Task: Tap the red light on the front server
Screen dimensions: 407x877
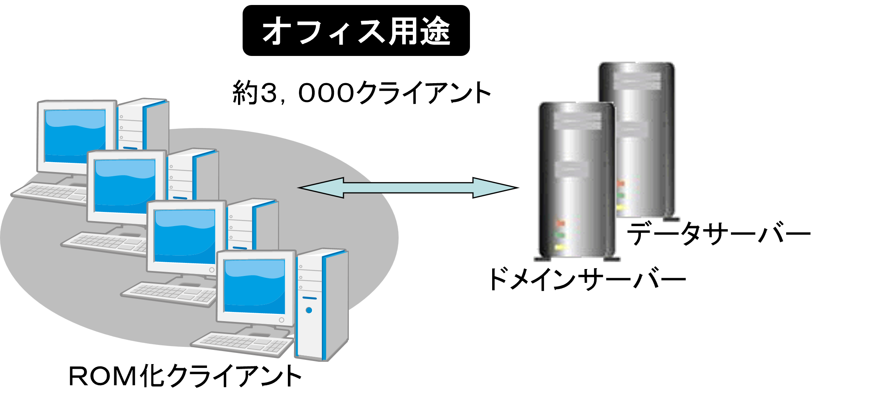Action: [x=561, y=223]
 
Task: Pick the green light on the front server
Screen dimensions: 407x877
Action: [x=560, y=235]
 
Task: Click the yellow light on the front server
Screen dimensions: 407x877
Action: [x=560, y=247]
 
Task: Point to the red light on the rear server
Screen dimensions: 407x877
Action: [x=621, y=184]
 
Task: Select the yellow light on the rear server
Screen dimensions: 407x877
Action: [x=620, y=208]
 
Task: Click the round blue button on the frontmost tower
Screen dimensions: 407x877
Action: [x=309, y=310]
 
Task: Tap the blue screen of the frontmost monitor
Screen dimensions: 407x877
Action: [x=255, y=286]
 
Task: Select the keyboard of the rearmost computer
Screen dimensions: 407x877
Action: [x=50, y=191]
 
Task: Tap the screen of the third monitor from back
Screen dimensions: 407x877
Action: [x=185, y=236]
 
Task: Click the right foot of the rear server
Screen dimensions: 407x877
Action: [x=672, y=220]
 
